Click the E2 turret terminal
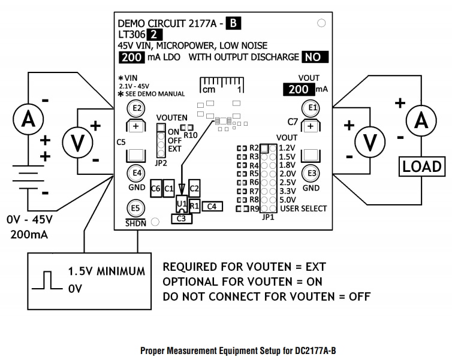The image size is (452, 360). [x=137, y=108]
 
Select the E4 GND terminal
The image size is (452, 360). [x=137, y=173]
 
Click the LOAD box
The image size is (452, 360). [x=422, y=166]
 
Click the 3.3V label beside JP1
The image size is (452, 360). [x=287, y=190]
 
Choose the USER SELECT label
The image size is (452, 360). [x=303, y=208]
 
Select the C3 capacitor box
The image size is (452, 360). [x=181, y=219]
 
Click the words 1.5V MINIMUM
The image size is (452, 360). [x=106, y=271]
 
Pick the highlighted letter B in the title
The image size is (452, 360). [x=233, y=24]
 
